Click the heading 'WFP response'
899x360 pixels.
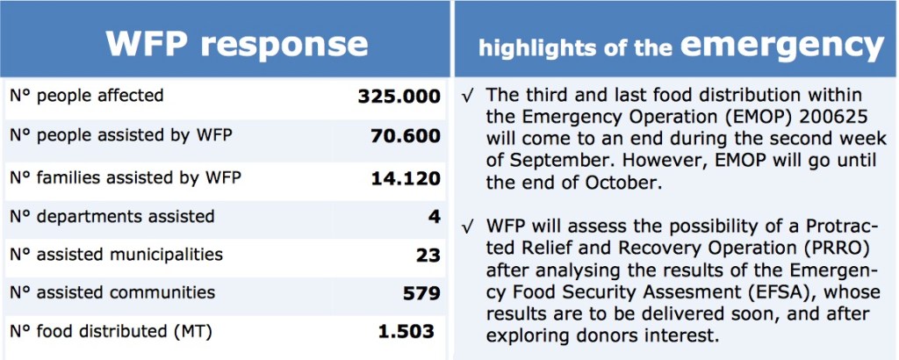click(x=237, y=43)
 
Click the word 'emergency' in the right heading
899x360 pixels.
click(x=782, y=46)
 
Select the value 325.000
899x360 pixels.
click(x=399, y=97)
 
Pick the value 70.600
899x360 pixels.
click(x=406, y=136)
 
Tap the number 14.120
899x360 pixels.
click(x=406, y=178)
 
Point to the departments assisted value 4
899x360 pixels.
click(x=434, y=217)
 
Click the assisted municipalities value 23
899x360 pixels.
click(x=428, y=256)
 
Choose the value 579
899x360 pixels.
click(x=421, y=293)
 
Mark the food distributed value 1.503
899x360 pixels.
click(x=406, y=331)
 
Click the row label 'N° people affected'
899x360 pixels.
click(x=87, y=95)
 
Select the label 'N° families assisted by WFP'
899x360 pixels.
click(x=126, y=178)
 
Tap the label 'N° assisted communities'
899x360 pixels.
click(x=112, y=292)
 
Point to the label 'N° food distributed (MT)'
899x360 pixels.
click(x=111, y=331)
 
